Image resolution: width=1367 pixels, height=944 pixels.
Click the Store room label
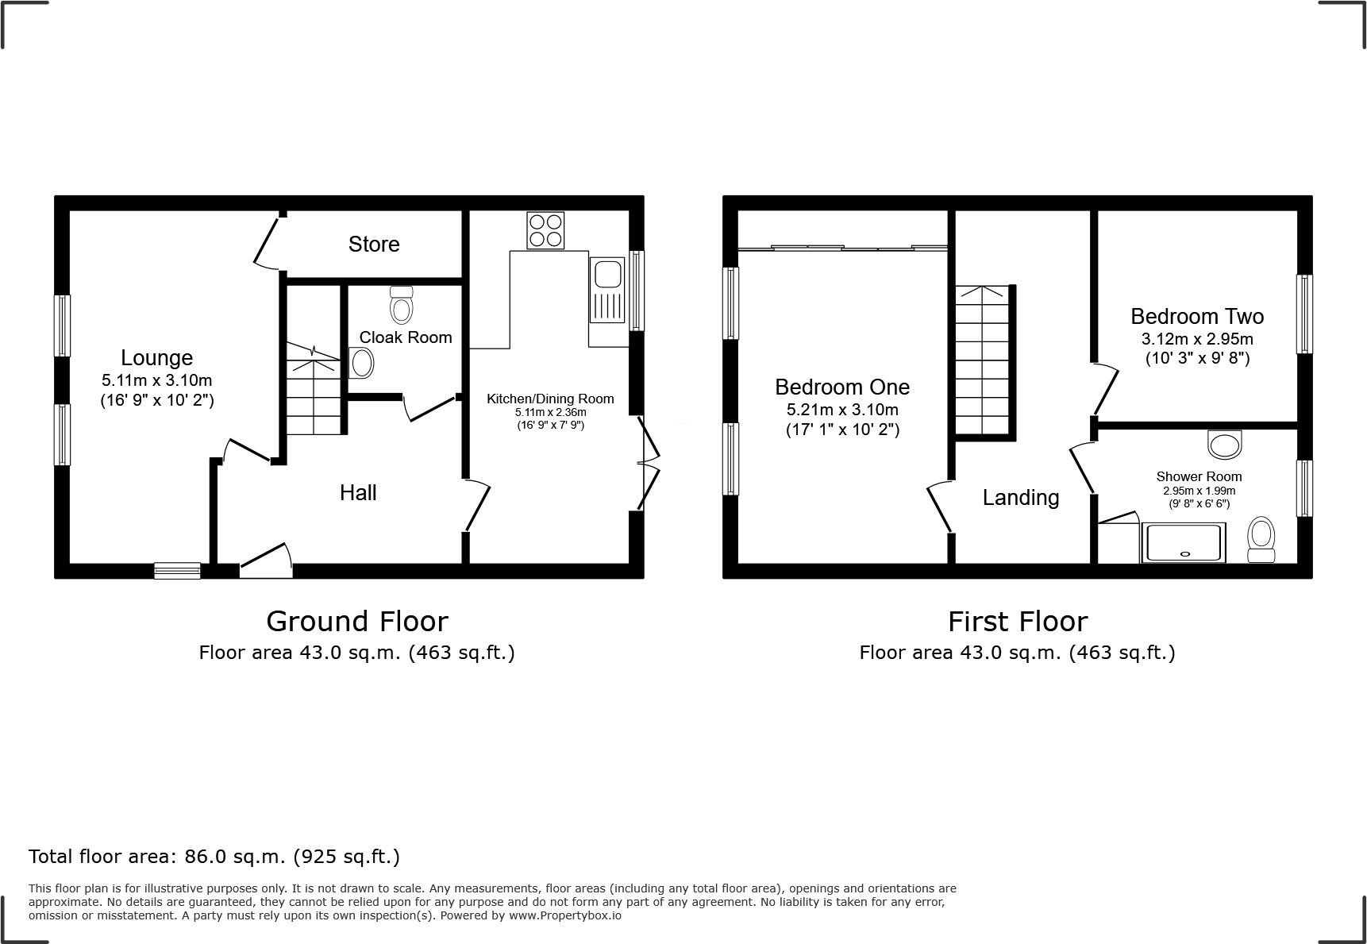373,244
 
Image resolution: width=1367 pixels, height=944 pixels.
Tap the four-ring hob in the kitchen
545,230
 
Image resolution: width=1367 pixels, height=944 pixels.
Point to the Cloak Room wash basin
361,364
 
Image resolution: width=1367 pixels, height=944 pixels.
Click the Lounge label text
156,358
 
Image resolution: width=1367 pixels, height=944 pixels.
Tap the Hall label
358,493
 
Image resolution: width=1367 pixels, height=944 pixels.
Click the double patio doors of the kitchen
649,466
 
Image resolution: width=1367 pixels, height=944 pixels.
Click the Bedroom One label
842,387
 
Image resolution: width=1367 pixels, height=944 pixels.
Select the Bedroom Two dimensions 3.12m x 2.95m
1197,339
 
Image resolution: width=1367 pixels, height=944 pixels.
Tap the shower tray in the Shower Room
1183,543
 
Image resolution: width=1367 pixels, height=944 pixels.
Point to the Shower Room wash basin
1224,444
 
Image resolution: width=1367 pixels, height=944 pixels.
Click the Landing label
1021,498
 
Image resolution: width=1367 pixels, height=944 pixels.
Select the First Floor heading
1018,622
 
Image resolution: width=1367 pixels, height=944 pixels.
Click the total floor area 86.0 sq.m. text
214,857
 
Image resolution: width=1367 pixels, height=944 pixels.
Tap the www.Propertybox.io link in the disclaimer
565,915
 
